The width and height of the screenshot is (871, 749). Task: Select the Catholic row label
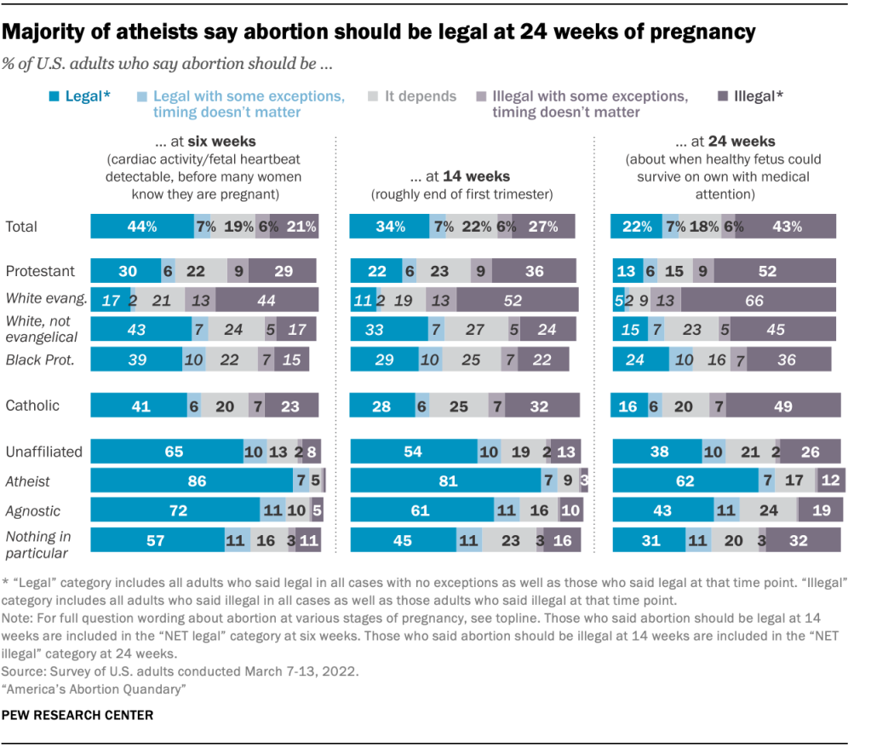point(32,405)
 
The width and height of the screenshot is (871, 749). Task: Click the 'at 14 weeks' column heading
point(460,176)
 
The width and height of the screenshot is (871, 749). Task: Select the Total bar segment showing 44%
point(142,226)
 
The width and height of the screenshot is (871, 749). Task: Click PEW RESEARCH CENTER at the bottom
point(79,715)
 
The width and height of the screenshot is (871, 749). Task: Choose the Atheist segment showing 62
point(685,481)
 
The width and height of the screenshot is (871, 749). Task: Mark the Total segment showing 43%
point(785,226)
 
